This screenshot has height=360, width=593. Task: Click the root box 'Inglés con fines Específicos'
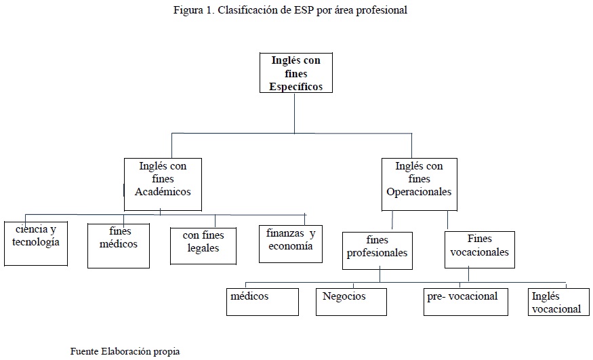click(296, 73)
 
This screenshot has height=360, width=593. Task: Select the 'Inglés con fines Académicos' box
click(163, 184)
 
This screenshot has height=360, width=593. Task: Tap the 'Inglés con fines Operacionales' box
click(420, 184)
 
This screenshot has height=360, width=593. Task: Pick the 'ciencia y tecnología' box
click(36, 243)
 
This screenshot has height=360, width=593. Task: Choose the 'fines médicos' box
click(119, 246)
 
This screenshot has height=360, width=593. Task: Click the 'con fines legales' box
click(203, 246)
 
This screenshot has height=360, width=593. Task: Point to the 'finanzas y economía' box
click(291, 244)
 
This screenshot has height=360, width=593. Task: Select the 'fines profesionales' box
click(377, 251)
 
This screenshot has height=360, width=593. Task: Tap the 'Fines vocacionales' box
click(480, 250)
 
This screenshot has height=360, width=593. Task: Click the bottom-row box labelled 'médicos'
click(262, 302)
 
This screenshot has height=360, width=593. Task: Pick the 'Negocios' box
click(351, 302)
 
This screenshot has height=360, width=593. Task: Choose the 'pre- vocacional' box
click(466, 302)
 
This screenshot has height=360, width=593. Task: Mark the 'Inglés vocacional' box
click(558, 302)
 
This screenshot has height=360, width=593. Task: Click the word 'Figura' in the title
click(188, 10)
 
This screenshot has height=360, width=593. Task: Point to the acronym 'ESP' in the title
click(304, 10)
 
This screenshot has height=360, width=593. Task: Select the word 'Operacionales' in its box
click(419, 192)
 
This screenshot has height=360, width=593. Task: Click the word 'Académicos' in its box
click(163, 192)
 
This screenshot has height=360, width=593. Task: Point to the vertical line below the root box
click(295, 113)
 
